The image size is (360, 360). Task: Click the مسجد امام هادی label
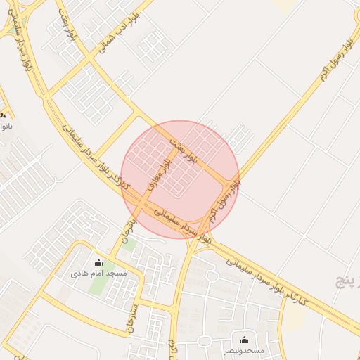[x=98, y=273]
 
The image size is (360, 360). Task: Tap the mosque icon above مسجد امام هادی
[x=98, y=264]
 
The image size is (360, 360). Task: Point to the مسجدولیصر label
[x=244, y=349]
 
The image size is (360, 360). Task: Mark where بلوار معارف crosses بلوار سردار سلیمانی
[x=143, y=203]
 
